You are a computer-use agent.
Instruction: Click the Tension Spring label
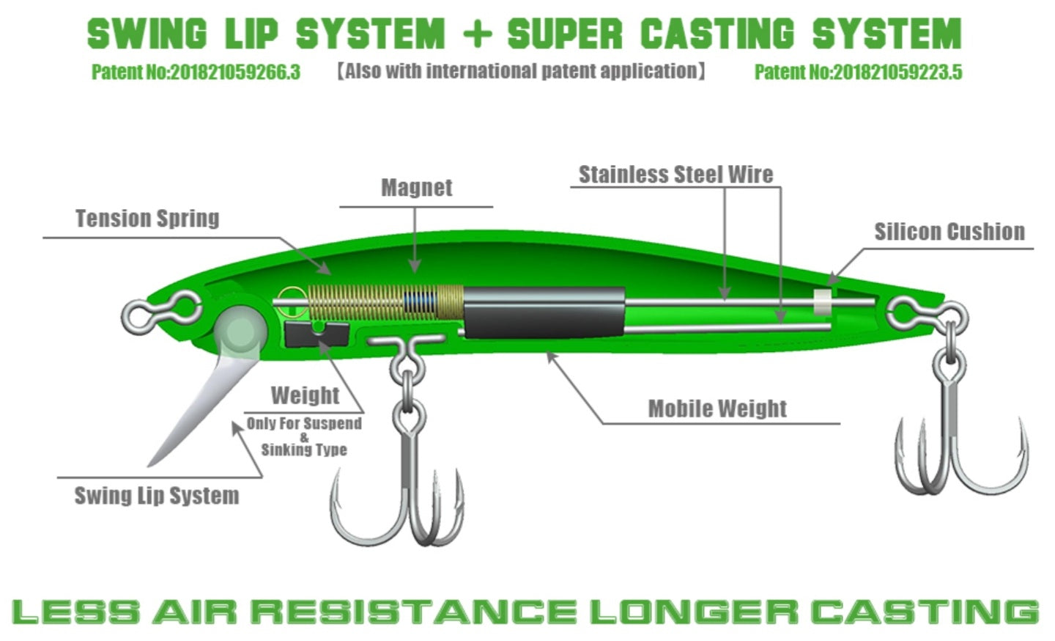(147, 219)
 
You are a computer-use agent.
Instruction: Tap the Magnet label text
(416, 188)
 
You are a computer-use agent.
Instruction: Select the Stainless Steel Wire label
(675, 175)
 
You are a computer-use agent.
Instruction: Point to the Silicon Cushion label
(949, 232)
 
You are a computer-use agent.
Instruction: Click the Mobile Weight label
(717, 409)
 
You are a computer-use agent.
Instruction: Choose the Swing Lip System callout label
(157, 496)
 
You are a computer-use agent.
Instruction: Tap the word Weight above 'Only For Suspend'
(305, 396)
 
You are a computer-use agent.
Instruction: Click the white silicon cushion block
(823, 301)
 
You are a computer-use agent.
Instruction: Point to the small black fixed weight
(315, 334)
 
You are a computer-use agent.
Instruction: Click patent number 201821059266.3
(196, 72)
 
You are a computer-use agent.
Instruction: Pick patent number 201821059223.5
(858, 72)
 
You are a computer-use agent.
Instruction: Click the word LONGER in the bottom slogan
(692, 612)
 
